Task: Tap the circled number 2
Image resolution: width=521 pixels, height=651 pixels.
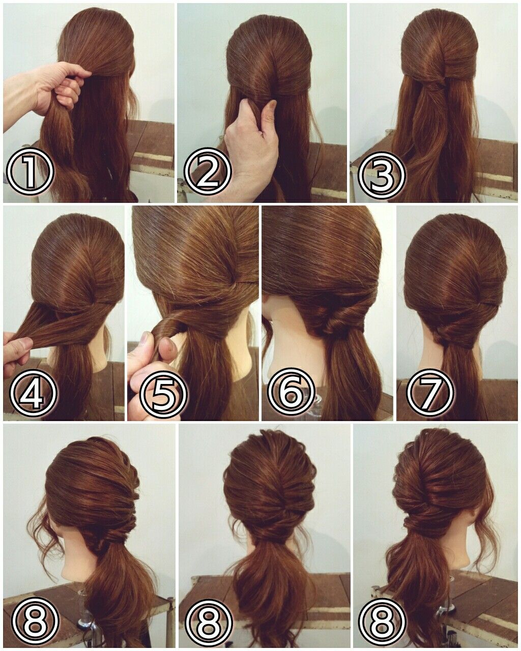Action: tap(208, 172)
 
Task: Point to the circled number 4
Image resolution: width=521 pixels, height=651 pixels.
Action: tap(33, 392)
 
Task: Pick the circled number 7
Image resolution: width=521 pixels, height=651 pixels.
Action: tap(430, 392)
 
